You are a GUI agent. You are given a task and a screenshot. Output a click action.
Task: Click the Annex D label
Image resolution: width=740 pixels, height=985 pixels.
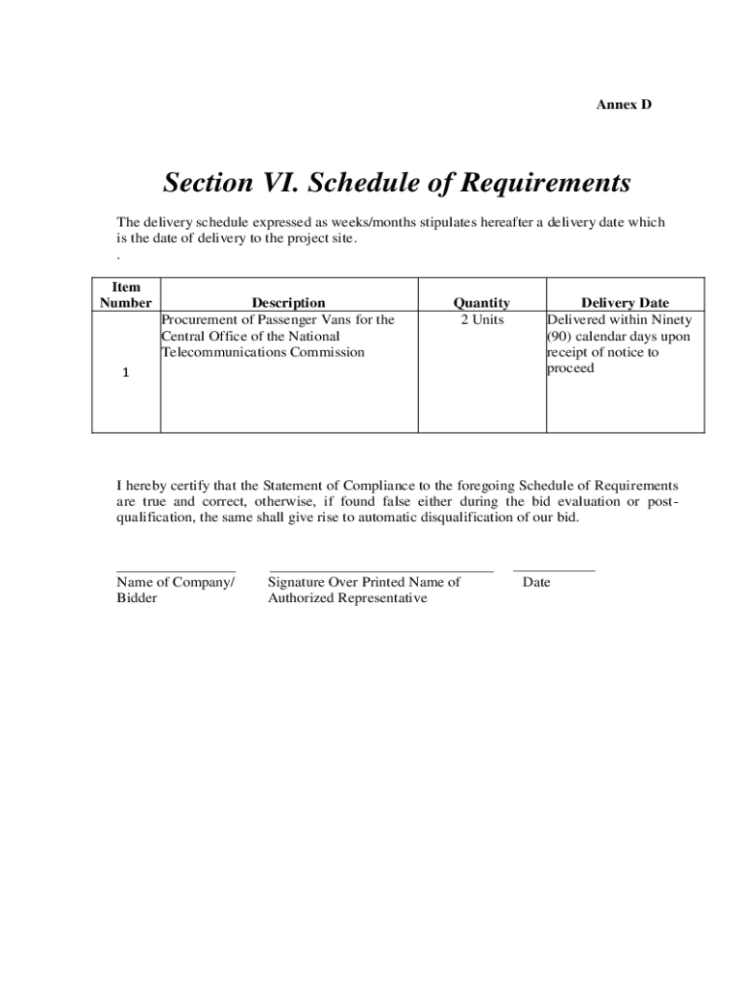tap(624, 104)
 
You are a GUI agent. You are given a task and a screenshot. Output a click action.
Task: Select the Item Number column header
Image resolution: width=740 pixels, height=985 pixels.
tap(126, 294)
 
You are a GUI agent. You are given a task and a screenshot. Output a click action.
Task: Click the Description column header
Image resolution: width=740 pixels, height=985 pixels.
tap(288, 303)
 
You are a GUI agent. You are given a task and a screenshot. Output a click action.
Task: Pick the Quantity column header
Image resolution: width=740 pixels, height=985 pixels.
tap(481, 303)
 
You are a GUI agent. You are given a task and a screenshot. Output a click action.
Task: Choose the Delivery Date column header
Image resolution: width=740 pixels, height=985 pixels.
tap(625, 303)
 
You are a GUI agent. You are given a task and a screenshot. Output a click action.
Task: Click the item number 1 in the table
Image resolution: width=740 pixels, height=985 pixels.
tap(126, 374)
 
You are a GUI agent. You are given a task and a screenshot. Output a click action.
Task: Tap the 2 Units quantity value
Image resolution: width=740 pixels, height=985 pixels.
tap(481, 319)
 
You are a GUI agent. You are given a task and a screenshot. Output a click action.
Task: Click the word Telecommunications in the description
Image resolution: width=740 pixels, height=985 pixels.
tap(218, 352)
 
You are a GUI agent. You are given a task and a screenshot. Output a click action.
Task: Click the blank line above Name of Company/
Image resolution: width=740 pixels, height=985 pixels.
tap(176, 571)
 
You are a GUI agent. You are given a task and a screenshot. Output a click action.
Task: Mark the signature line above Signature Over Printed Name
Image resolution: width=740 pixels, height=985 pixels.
tap(381, 571)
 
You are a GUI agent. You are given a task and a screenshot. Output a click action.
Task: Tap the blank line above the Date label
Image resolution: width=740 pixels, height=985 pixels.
tap(554, 571)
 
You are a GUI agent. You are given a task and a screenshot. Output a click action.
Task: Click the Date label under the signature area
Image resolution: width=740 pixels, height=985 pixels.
tap(536, 582)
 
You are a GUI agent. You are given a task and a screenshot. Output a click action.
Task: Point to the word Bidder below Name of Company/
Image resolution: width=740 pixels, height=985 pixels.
tap(137, 598)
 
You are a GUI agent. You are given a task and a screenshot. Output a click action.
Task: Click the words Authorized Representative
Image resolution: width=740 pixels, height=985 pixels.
tap(347, 598)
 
